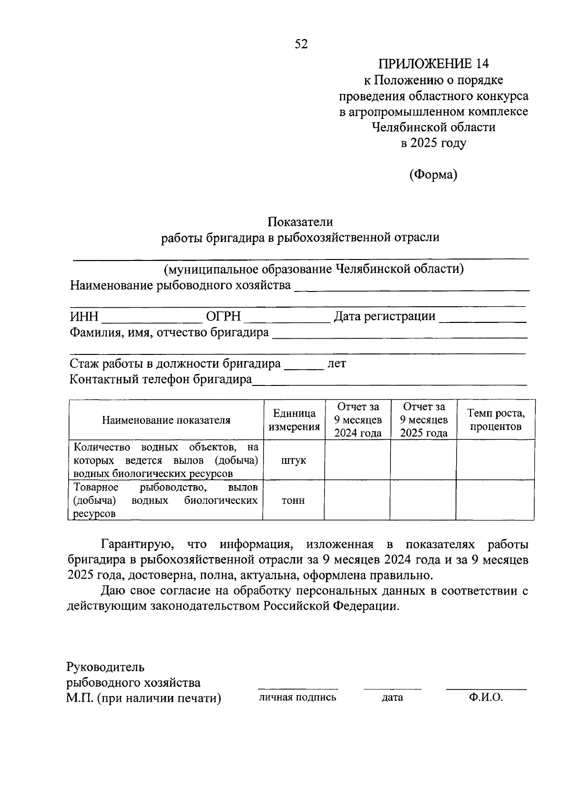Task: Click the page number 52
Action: [301, 44]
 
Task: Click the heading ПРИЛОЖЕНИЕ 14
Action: [433, 64]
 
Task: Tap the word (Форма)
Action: [433, 175]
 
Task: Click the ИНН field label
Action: [84, 317]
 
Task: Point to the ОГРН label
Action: [223, 317]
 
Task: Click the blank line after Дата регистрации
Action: [482, 319]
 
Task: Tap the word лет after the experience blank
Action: [337, 364]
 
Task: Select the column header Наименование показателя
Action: [166, 420]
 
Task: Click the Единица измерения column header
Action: [294, 420]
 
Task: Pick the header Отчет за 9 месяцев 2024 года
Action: [357, 420]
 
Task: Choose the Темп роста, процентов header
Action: [495, 420]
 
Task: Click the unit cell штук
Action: [294, 460]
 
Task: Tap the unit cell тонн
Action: [294, 500]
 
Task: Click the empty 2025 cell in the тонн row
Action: [423, 500]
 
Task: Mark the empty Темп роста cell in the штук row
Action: [495, 460]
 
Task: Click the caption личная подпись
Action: [297, 697]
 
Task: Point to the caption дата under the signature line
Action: [392, 697]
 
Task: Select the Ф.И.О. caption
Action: [486, 697]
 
